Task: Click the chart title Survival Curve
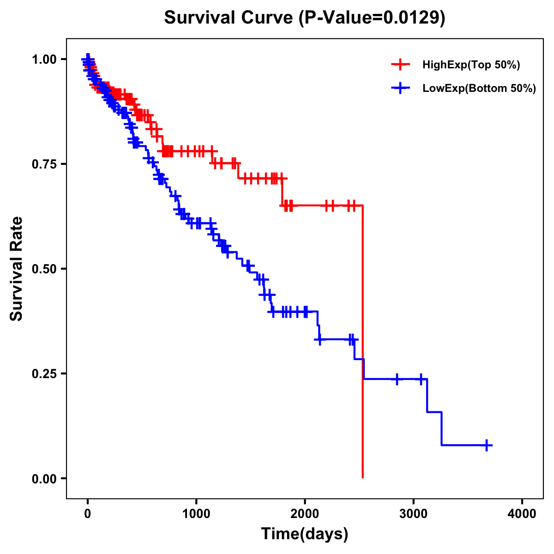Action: (x=229, y=18)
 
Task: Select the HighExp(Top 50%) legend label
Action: (x=471, y=65)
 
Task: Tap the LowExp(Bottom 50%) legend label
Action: (x=479, y=88)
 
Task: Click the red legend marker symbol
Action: (x=401, y=65)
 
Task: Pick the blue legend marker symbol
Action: (x=401, y=88)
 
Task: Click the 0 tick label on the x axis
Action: (x=88, y=513)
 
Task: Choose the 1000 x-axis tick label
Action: (x=196, y=513)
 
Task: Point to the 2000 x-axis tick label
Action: (x=305, y=513)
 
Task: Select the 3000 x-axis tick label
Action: (x=414, y=513)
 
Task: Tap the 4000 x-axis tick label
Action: (x=522, y=513)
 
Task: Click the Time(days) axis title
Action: (x=305, y=534)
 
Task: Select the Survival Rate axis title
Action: (x=17, y=268)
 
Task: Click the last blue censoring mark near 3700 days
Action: (x=487, y=445)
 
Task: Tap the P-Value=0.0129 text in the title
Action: (x=372, y=18)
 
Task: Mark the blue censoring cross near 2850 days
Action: (x=397, y=379)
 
